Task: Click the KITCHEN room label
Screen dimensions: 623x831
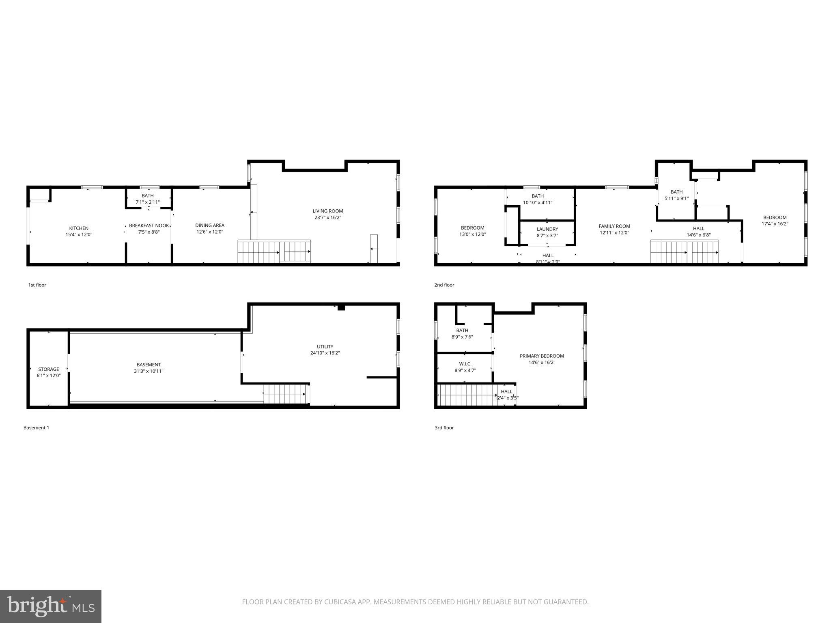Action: click(79, 228)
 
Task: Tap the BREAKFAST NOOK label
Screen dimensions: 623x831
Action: click(149, 226)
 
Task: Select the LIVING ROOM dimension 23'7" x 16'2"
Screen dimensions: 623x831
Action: click(327, 217)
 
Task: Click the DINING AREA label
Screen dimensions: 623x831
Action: click(209, 225)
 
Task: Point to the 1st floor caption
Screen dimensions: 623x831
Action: click(37, 285)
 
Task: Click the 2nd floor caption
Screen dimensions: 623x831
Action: click(444, 285)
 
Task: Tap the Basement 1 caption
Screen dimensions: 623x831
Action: click(36, 428)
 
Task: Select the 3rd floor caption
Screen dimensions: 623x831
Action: click(444, 428)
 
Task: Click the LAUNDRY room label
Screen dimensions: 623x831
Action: click(547, 229)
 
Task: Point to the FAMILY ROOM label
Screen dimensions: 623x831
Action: click(614, 226)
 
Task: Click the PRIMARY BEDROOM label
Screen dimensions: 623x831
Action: click(541, 356)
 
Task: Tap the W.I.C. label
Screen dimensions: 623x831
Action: click(465, 364)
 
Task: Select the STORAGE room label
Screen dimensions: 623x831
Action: click(49, 369)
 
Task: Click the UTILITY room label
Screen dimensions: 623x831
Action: click(325, 346)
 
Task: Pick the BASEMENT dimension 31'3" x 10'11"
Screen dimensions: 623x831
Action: click(149, 371)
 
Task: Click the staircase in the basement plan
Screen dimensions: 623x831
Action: click(285, 394)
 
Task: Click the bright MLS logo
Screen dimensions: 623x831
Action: click(51, 606)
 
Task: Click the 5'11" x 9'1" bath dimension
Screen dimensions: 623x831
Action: click(676, 198)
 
